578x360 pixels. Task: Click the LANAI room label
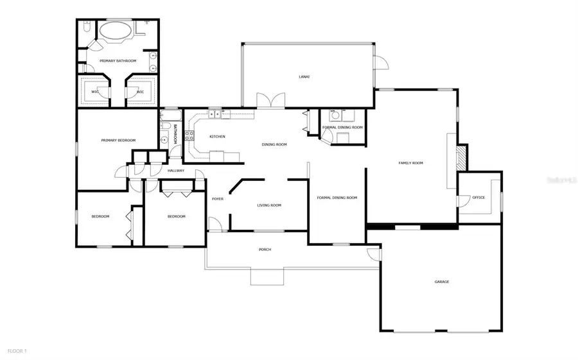point(304,77)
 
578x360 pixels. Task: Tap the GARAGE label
point(441,282)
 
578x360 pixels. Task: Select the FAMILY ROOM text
point(411,163)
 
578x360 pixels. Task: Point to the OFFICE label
point(478,198)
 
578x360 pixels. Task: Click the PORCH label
point(265,250)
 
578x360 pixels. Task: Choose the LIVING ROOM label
point(269,205)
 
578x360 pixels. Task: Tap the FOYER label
point(218,199)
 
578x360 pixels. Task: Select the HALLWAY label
point(176,171)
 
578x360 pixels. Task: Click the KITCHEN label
point(217,137)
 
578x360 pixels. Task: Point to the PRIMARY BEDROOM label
point(116,140)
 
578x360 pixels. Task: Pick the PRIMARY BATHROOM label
point(118,61)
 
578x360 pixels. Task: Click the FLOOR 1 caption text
point(17,351)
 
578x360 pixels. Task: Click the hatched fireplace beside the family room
point(460,157)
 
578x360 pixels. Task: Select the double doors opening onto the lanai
point(270,101)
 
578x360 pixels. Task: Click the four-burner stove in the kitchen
point(189,135)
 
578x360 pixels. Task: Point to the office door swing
point(462,201)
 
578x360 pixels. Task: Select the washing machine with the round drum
point(334,116)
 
